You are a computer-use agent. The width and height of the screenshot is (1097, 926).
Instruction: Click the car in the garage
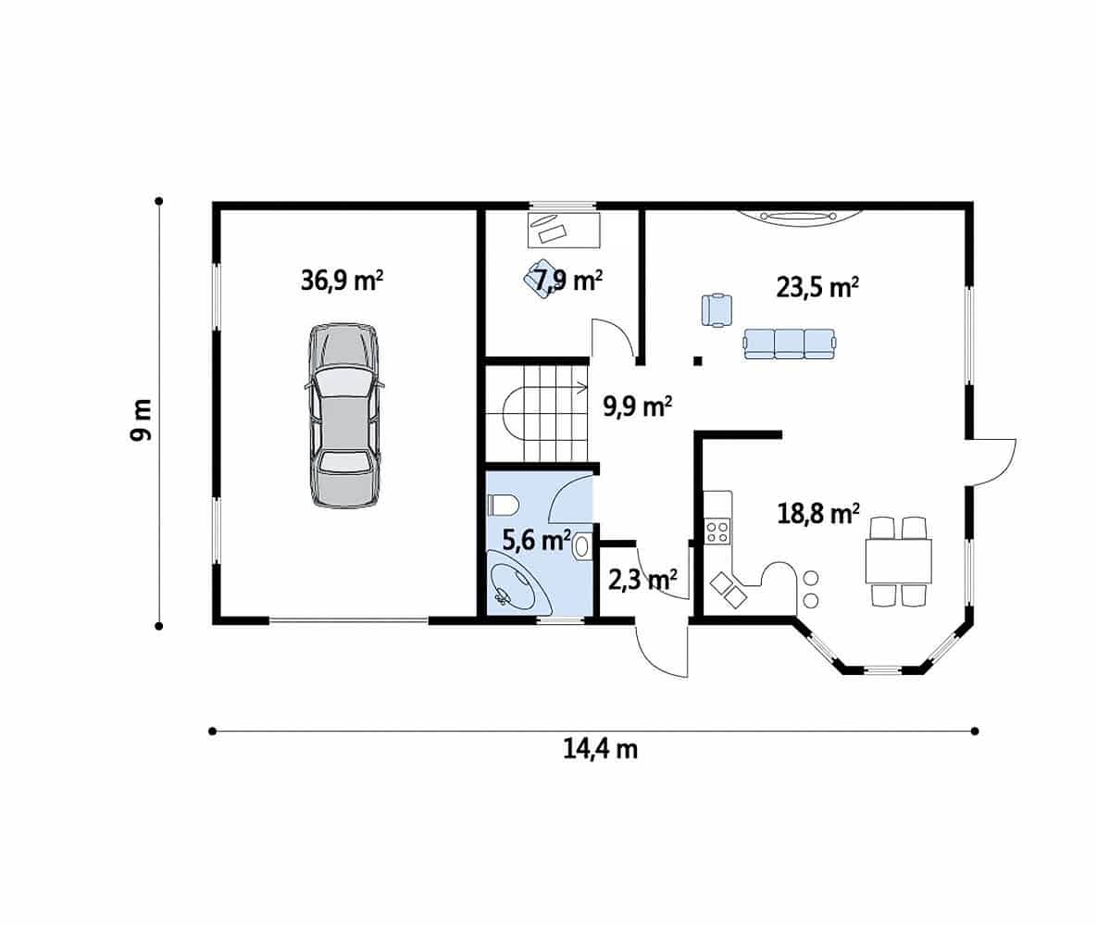tap(344, 415)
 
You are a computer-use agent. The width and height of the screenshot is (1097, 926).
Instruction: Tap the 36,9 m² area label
tap(342, 280)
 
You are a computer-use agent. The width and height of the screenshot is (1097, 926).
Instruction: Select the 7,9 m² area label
tap(568, 280)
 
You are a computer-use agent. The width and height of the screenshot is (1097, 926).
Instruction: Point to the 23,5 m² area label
tap(817, 287)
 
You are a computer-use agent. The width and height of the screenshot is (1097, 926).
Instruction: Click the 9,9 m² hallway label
tap(637, 406)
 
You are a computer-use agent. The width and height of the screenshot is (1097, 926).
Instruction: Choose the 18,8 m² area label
tap(817, 514)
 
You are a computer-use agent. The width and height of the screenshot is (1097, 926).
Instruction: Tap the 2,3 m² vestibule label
tap(642, 580)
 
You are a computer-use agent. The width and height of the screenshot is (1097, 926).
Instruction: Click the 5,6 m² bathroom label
tap(537, 540)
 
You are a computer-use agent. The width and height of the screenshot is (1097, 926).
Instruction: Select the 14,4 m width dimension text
tap(600, 749)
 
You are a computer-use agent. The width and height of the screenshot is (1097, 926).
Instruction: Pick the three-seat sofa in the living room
tap(789, 344)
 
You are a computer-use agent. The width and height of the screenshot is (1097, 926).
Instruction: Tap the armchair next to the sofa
tap(717, 310)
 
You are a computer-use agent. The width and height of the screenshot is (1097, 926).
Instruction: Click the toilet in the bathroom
tap(503, 505)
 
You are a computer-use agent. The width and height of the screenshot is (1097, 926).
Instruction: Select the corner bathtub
tap(517, 582)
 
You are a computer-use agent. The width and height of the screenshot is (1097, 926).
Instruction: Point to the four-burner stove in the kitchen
tap(717, 532)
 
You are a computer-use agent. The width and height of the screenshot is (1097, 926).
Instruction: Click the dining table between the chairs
tap(898, 560)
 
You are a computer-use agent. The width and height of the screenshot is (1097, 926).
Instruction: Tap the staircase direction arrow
tap(580, 385)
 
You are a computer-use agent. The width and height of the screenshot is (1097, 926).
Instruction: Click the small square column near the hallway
tap(697, 361)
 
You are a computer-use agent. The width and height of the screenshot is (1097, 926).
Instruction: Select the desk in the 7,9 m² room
tap(563, 230)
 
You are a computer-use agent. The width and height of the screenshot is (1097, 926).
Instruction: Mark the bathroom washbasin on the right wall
tap(581, 546)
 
